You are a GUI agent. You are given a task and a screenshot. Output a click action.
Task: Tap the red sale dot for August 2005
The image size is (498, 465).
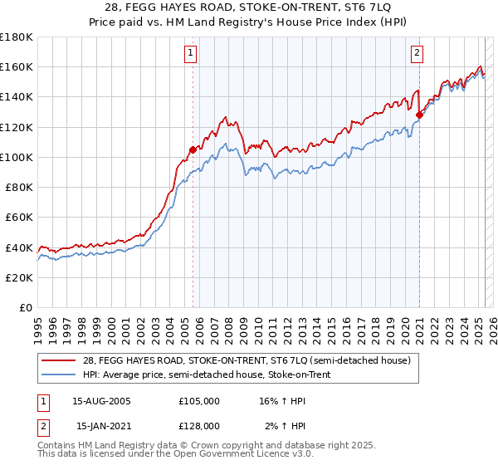coord(193,149)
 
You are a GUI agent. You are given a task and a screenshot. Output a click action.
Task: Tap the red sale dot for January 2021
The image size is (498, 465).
coord(419,115)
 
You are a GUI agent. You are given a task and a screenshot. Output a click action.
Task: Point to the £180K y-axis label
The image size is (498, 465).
coord(17,37)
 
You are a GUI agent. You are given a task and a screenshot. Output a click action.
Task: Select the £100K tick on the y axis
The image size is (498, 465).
coord(17,157)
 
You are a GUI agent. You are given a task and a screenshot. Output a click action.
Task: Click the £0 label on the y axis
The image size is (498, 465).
coord(25,306)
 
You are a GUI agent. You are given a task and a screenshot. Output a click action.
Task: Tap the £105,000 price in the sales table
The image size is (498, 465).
coord(199,401)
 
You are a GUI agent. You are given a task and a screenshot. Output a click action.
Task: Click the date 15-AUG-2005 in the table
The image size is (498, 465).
coord(102,401)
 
